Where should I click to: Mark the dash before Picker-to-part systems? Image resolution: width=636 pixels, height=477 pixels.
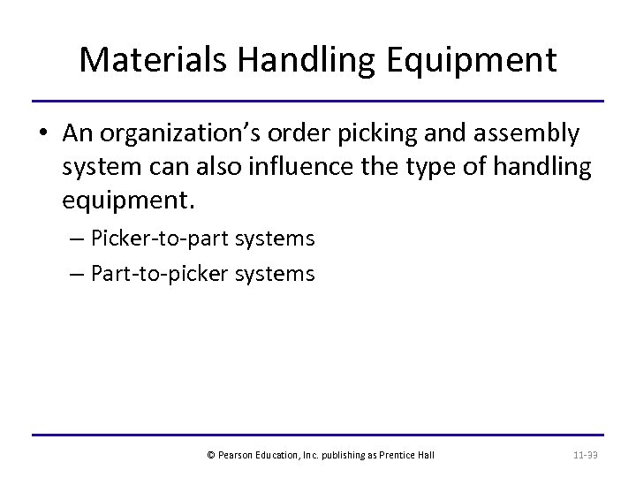pyautogui.click(x=76, y=239)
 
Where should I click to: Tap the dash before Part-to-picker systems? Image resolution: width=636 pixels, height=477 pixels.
pyautogui.click(x=76, y=273)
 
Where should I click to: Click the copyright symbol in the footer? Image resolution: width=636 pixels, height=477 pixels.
pyautogui.click(x=209, y=455)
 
